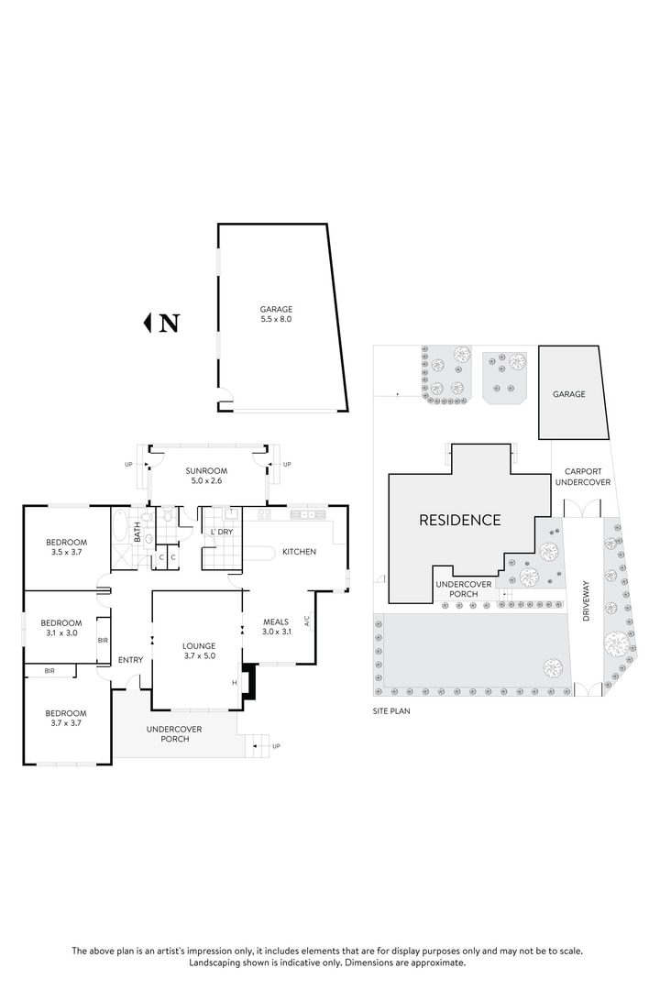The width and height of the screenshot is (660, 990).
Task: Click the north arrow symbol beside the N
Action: [x=148, y=323]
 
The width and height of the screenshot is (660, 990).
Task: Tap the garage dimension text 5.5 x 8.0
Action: [x=276, y=320]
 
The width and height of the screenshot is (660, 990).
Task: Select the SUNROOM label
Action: [x=206, y=469]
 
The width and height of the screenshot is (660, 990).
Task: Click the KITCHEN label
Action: [x=299, y=551]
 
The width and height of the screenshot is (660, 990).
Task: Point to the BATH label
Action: [x=137, y=531]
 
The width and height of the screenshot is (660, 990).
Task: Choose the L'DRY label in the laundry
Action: [x=222, y=532]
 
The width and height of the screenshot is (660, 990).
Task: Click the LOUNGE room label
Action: [x=198, y=644]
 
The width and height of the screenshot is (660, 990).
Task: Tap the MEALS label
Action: [x=276, y=621]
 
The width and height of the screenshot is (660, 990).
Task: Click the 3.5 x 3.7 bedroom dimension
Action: [x=66, y=553]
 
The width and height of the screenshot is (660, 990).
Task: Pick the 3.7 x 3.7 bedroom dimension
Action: [x=66, y=722]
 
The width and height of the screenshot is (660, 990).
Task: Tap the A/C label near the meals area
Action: [x=307, y=621]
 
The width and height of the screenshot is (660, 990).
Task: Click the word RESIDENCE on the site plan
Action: [x=460, y=520]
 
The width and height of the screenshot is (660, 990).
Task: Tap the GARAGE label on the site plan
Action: [x=568, y=394]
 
